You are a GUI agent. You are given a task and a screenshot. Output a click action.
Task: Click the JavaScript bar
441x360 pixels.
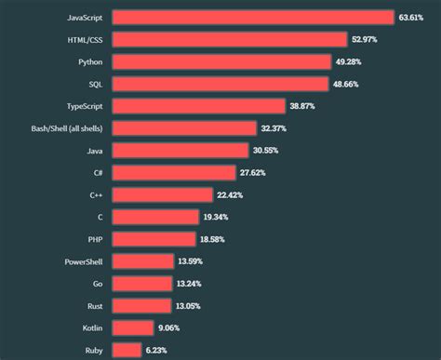252,17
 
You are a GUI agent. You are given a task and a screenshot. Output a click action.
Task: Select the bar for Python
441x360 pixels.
221,61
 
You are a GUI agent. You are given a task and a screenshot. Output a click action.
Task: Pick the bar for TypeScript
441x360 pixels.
198,106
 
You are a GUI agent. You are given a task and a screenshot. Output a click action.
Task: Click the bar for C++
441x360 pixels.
162,194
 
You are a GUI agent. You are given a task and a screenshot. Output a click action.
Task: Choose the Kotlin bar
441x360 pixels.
132,327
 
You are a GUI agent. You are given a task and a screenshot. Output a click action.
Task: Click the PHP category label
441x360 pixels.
94,239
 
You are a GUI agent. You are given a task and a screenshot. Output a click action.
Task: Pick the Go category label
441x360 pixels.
97,284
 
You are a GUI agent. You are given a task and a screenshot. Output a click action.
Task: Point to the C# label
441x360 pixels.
97,172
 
